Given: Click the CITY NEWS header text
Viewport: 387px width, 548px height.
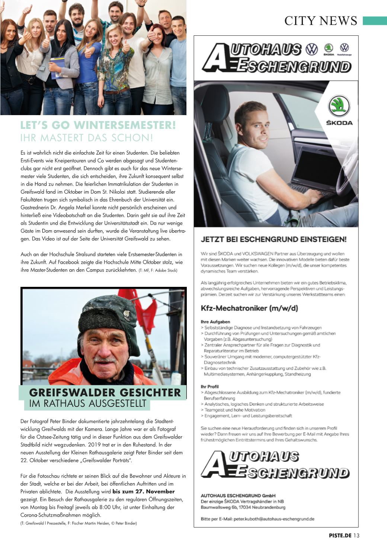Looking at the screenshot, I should pyautogui.click(x=320, y=21).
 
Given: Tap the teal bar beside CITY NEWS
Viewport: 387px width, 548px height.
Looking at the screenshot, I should pyautogui.click(x=374, y=20).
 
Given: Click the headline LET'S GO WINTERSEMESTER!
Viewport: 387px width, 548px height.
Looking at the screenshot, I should pyautogui.click(x=98, y=125).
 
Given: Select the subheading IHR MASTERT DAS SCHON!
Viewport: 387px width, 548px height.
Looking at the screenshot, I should pyautogui.click(x=87, y=138).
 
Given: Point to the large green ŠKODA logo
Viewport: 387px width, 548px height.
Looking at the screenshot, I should pyautogui.click(x=339, y=105).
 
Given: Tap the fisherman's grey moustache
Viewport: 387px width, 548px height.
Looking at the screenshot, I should pyautogui.click(x=105, y=360).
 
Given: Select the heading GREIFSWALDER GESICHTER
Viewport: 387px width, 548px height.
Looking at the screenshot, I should pyautogui.click(x=105, y=393).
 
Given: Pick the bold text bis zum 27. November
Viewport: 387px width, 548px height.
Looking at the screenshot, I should pyautogui.click(x=143, y=492).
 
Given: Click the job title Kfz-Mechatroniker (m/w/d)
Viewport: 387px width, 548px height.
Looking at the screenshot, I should pyautogui.click(x=249, y=308).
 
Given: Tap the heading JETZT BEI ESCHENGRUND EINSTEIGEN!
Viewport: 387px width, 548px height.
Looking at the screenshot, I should pyautogui.click(x=274, y=239).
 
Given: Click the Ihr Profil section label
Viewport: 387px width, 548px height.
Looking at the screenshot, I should pyautogui.click(x=210, y=386).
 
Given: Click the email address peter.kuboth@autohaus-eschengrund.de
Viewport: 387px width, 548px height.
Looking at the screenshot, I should pyautogui.click(x=274, y=519).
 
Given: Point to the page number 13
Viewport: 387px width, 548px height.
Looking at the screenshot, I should pyautogui.click(x=356, y=536).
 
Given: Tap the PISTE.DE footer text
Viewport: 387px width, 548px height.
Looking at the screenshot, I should pyautogui.click(x=340, y=536).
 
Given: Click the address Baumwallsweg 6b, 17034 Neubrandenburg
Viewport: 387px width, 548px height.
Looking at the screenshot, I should pyautogui.click(x=243, y=507).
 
